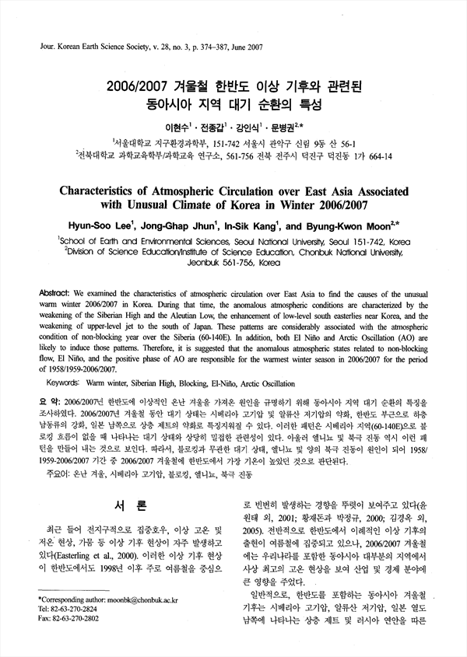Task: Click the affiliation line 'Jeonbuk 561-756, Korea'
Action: (234, 264)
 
